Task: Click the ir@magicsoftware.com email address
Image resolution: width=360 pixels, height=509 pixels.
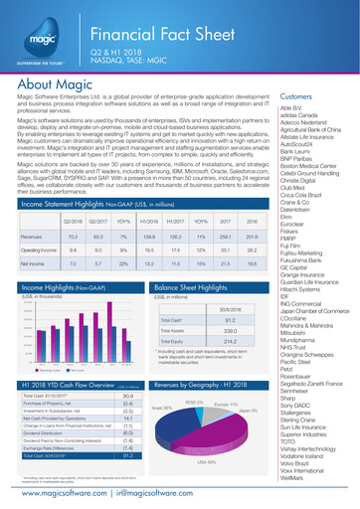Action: pos(163,492)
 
